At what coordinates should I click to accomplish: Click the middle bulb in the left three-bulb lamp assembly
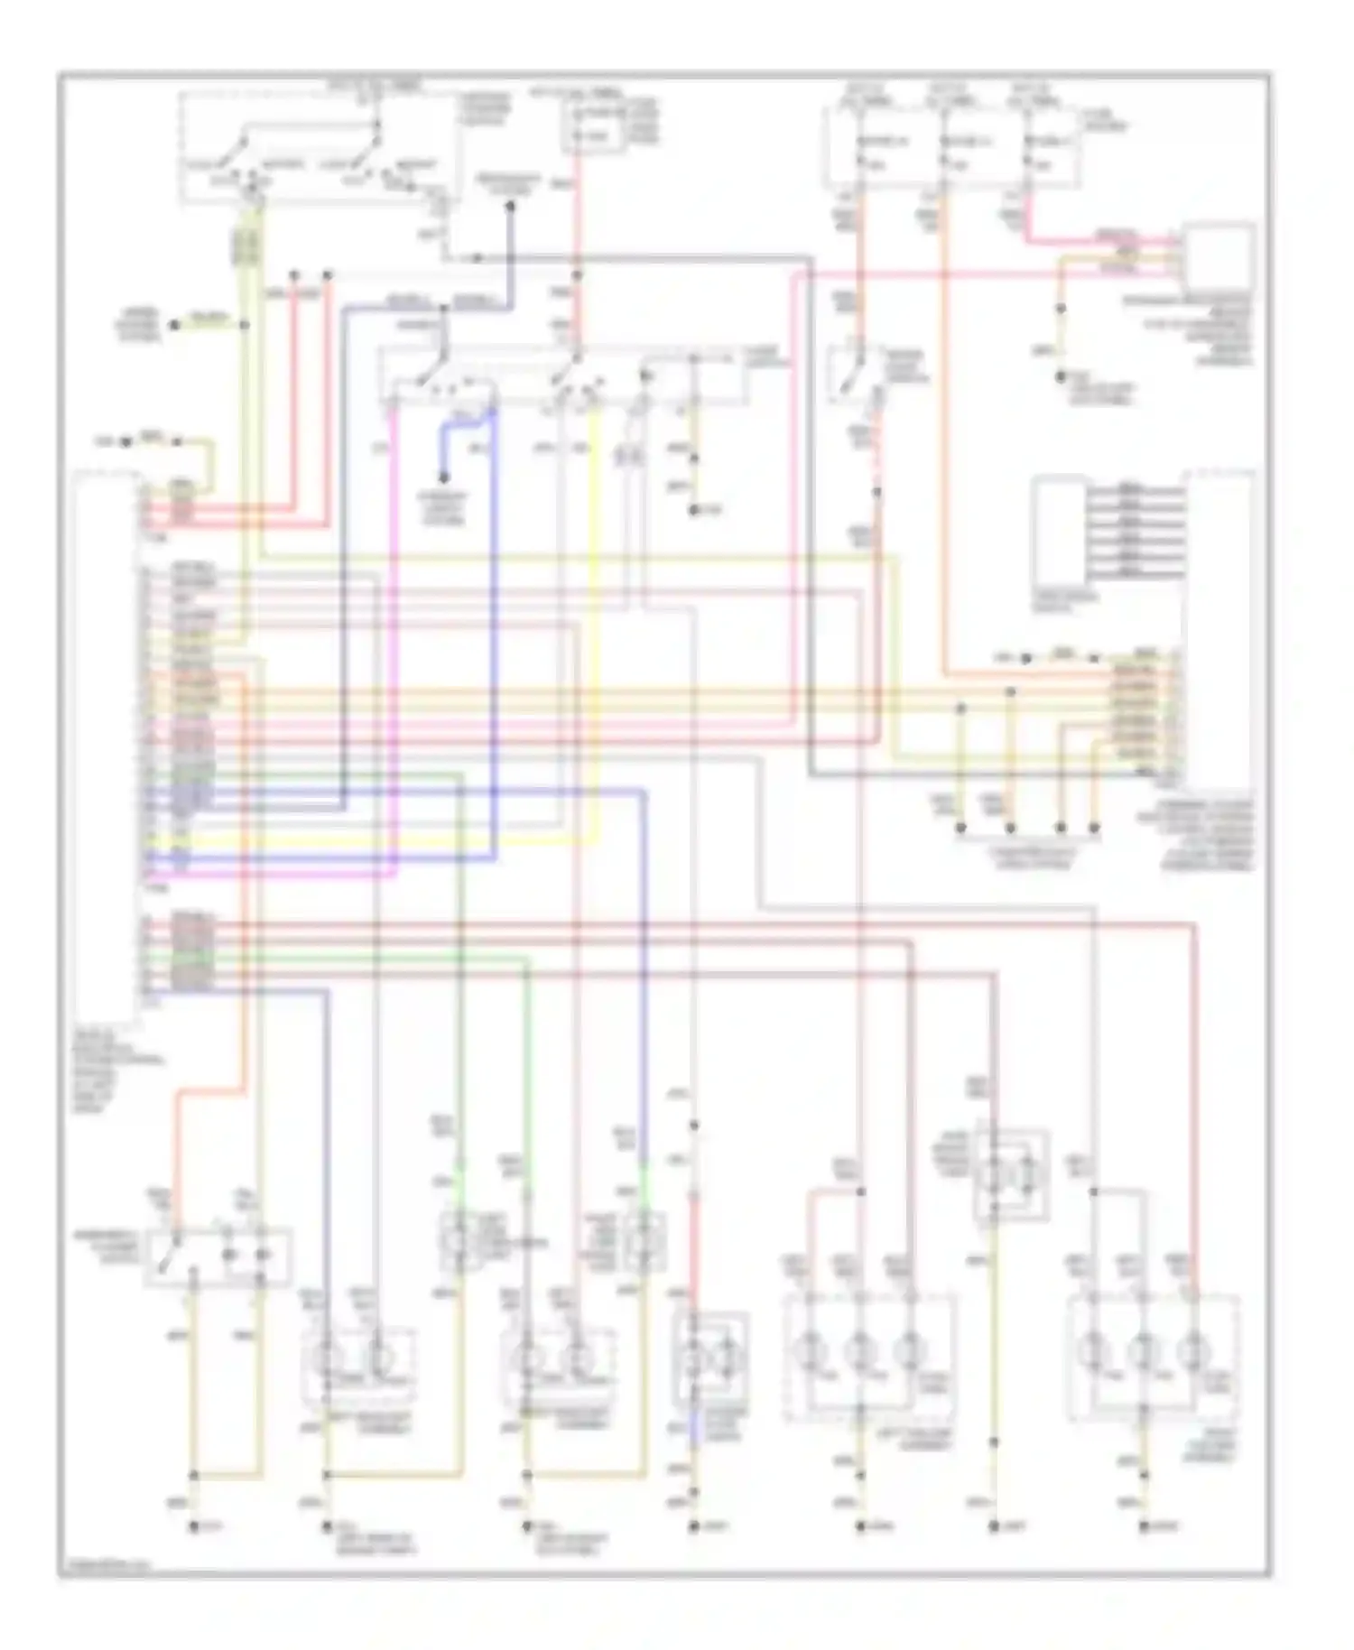tap(860, 1352)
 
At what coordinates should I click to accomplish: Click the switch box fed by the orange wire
tap(218, 1255)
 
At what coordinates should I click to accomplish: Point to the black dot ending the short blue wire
tap(443, 479)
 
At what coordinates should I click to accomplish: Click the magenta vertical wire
tap(395, 632)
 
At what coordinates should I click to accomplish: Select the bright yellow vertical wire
tap(596, 632)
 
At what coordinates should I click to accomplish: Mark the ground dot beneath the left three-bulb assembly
tap(860, 1526)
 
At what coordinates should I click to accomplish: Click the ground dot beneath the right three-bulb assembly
tap(1144, 1526)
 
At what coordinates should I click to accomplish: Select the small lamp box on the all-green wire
tap(459, 1241)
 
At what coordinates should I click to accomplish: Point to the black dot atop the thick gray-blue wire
tap(510, 207)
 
